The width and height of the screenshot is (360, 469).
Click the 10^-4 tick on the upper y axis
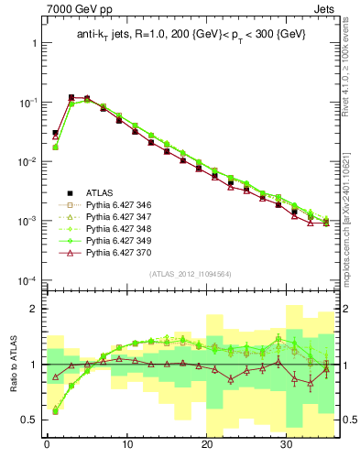click(26, 280)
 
